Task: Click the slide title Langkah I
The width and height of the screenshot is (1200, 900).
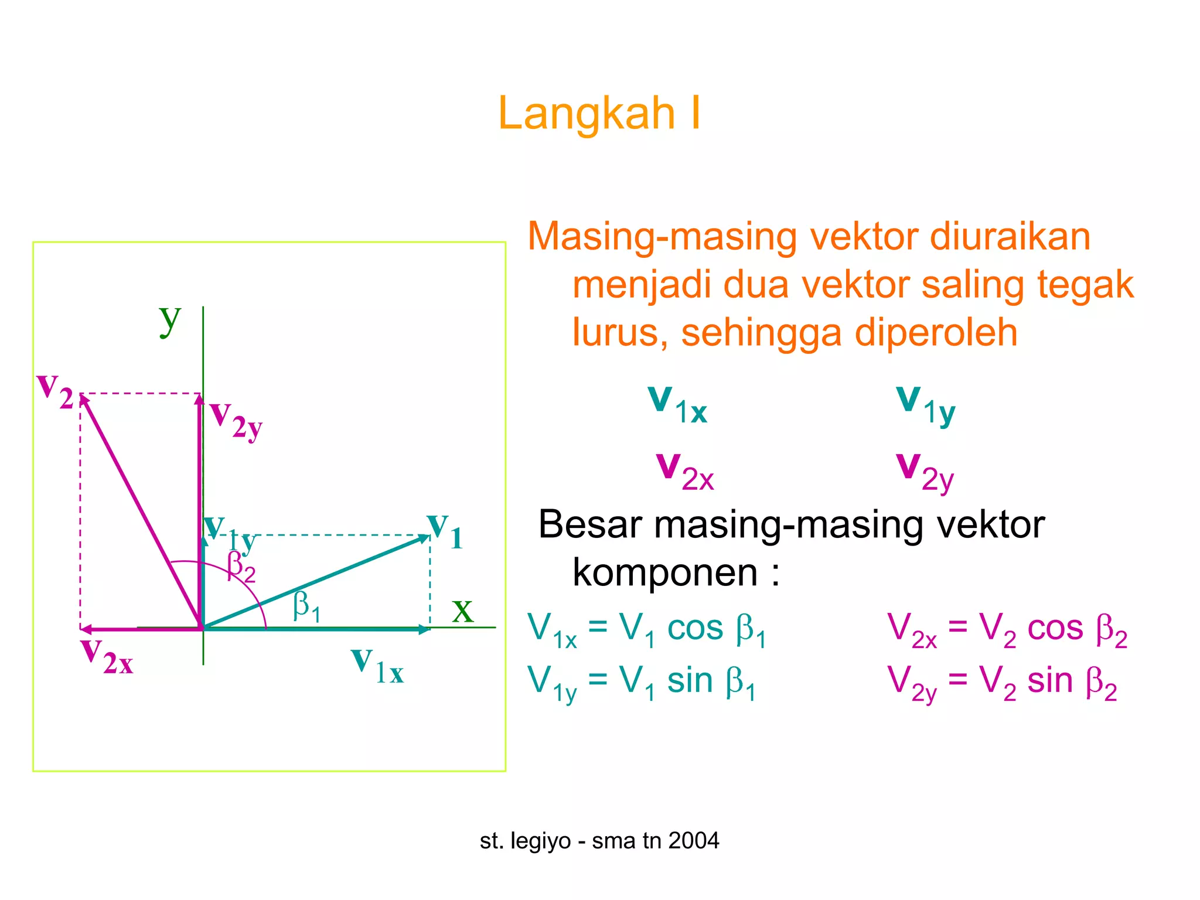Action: tap(599, 113)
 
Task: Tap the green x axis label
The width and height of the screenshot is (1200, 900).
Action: tap(462, 611)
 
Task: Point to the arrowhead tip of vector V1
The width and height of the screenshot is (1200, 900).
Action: tap(429, 536)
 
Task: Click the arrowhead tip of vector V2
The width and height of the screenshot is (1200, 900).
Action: tap(81, 396)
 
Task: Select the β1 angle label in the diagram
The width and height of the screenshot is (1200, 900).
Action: tap(306, 606)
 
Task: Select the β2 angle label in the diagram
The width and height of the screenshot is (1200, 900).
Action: tap(241, 567)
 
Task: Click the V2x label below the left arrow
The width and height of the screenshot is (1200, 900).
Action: tap(107, 657)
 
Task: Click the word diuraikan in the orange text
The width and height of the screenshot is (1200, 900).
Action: tap(1009, 237)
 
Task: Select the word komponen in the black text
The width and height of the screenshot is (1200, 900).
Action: tap(665, 572)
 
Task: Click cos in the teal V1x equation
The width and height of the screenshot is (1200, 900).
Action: tap(695, 629)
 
